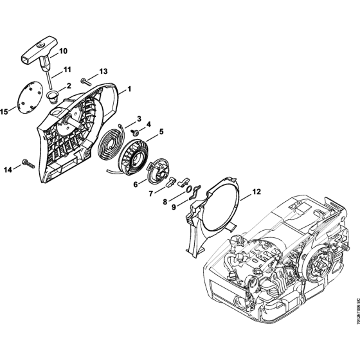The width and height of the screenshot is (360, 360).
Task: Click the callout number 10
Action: [x=62, y=50]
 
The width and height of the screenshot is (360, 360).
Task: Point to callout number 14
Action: [x=8, y=170]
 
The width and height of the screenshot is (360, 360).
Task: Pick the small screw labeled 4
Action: [x=137, y=132]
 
